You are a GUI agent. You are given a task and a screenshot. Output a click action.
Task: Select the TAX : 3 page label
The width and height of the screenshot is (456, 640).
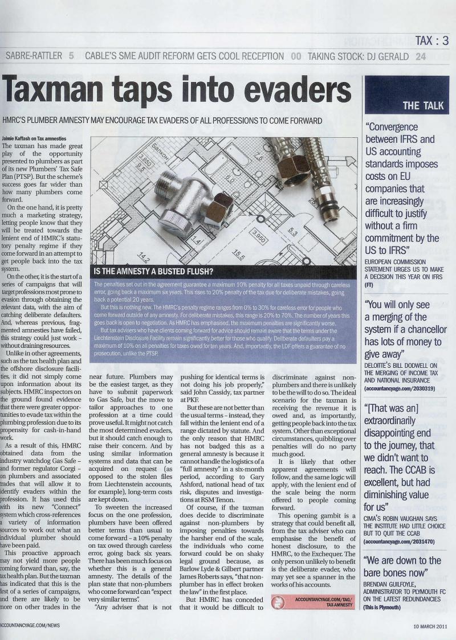point(431,40)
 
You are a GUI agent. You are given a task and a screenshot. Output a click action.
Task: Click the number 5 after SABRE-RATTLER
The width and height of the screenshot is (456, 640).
point(71,56)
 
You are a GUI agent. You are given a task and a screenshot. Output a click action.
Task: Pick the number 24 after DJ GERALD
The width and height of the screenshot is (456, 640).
point(420,56)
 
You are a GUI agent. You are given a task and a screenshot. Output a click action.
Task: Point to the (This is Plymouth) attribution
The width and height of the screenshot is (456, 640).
point(382,607)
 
